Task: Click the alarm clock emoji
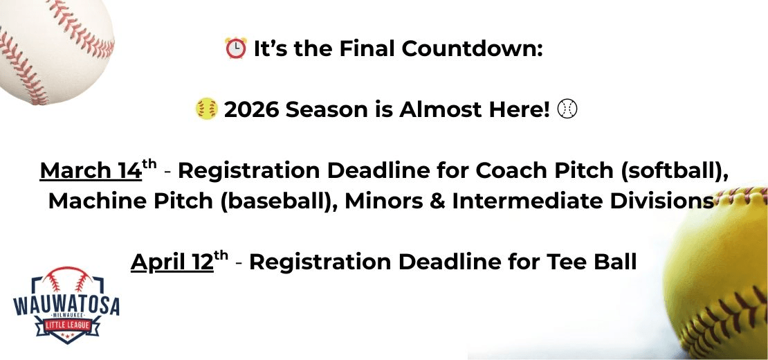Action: [235, 48]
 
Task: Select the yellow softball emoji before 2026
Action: [207, 109]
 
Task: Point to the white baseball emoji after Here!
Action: [567, 109]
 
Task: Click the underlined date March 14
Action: [91, 170]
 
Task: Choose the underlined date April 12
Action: [172, 262]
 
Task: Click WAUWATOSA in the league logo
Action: [66, 304]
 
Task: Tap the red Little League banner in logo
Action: [66, 325]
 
